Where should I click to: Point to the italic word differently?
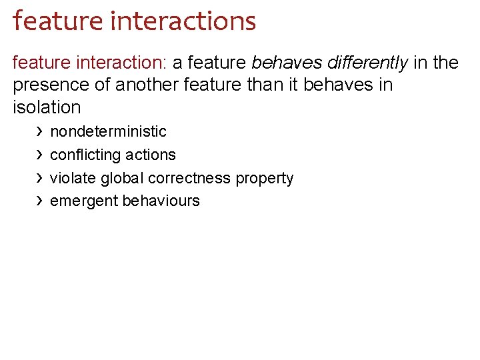(367, 63)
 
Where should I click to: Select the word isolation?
(47, 107)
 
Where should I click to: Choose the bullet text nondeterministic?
(108, 131)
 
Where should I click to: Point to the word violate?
(73, 178)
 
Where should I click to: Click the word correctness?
(190, 178)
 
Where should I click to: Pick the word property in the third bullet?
(265, 179)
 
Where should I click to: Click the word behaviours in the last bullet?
(161, 201)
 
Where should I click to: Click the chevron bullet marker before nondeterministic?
(39, 131)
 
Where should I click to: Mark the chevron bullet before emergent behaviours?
(39, 201)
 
